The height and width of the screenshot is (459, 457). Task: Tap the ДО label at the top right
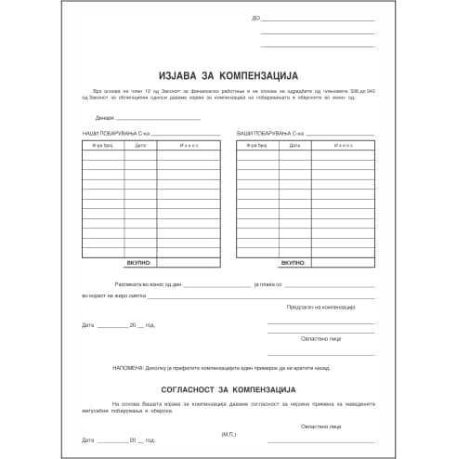255,18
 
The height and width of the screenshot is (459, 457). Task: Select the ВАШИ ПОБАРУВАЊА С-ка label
269,135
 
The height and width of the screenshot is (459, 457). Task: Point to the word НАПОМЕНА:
128,368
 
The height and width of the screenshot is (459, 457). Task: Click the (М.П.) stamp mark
229,434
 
